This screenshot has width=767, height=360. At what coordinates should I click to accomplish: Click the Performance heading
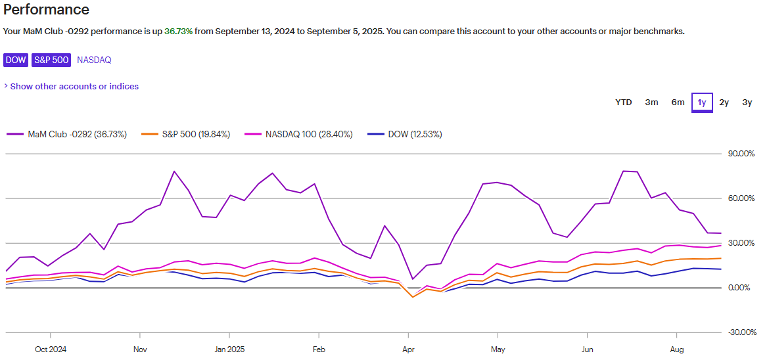(x=46, y=10)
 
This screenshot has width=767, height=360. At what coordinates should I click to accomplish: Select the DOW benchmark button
(x=16, y=60)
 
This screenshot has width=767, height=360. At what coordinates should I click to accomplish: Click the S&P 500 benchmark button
(x=51, y=60)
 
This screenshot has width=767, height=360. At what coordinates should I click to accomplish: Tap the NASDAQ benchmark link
(x=94, y=60)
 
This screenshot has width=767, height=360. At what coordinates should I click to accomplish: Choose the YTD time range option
(x=623, y=102)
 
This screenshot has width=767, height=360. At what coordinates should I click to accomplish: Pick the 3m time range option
(x=651, y=102)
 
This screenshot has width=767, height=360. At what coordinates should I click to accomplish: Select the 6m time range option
(x=678, y=102)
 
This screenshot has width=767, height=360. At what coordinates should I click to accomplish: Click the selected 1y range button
(x=702, y=102)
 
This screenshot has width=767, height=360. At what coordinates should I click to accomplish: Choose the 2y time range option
(x=724, y=102)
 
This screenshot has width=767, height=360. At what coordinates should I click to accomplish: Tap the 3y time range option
(x=747, y=102)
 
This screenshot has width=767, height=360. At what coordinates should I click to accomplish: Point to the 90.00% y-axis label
(x=741, y=154)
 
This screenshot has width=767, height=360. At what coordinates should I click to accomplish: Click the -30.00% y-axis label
(x=741, y=332)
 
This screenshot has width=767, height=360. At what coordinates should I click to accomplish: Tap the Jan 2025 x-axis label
(x=229, y=349)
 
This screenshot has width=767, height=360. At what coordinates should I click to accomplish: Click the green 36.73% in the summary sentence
(x=178, y=31)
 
